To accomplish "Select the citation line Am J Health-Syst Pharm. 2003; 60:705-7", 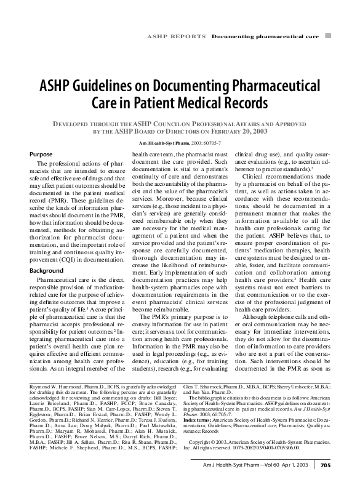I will pos(180,143).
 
